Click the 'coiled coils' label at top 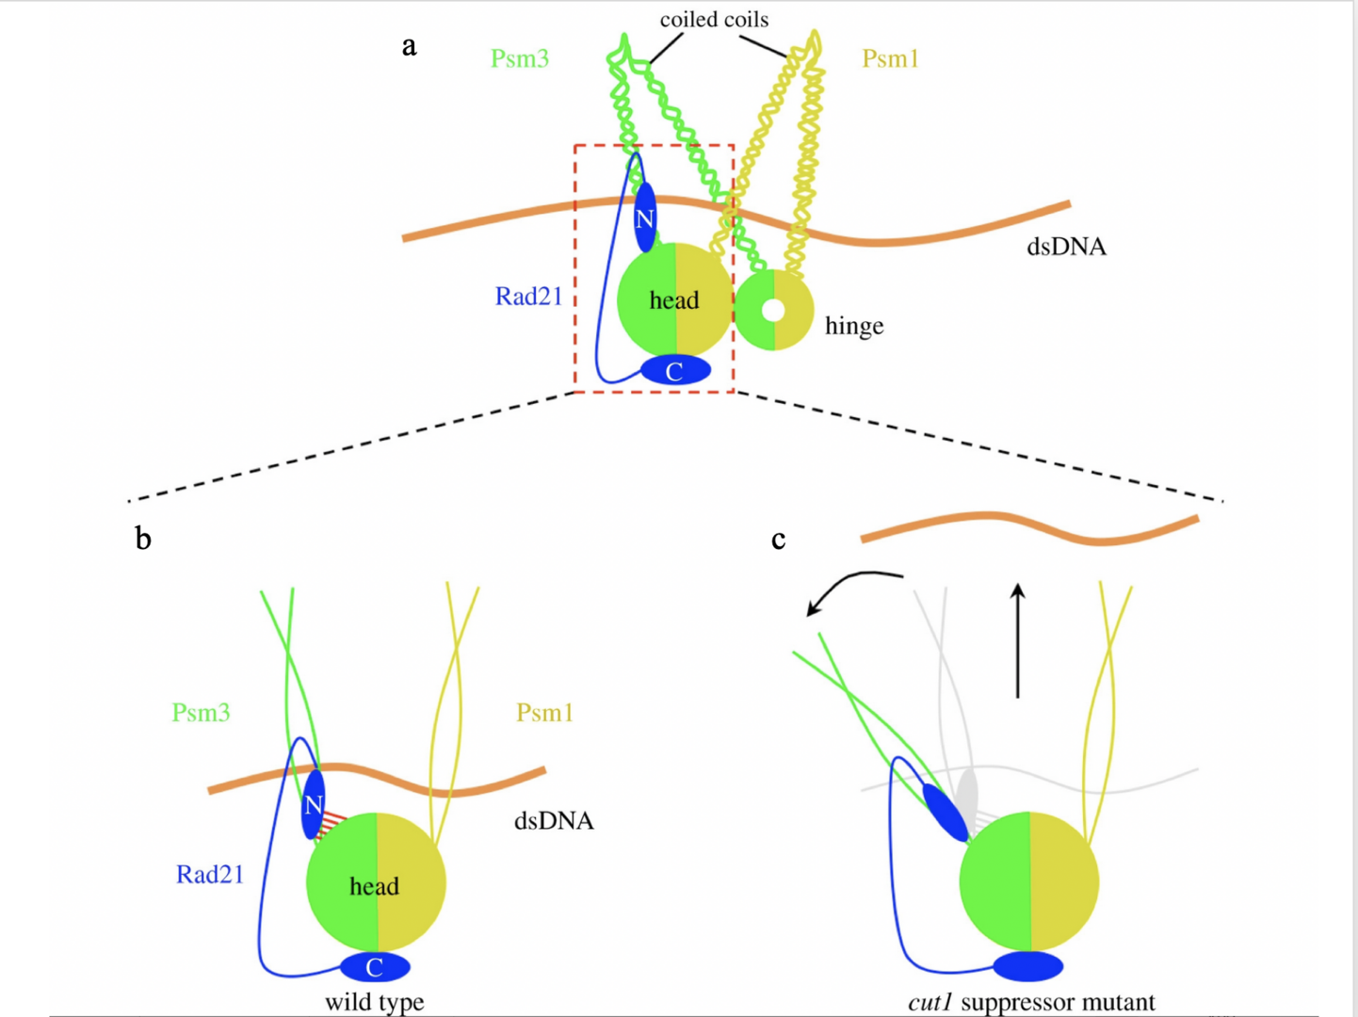coord(714,20)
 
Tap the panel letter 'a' coord(409,45)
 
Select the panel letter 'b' coord(143,539)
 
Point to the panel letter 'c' coord(778,539)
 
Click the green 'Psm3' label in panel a coord(520,58)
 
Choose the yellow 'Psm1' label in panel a coord(890,58)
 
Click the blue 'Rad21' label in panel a coord(528,297)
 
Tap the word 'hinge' coord(854,326)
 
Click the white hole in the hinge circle coord(773,310)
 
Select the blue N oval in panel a coord(645,218)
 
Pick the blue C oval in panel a coord(675,371)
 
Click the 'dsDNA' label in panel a coord(1066,247)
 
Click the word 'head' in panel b coord(374,886)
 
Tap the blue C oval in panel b coord(375,967)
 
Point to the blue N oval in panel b coord(314,805)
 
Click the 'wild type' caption coord(374,1002)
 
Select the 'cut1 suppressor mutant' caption coord(1031,1002)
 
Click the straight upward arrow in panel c coord(1017,640)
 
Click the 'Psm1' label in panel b coord(544,713)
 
